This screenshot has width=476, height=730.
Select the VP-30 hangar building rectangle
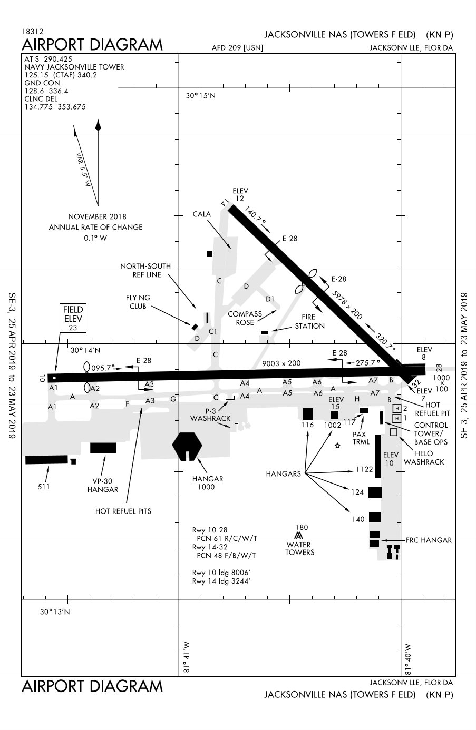click(x=103, y=448)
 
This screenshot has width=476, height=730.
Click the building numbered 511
click(x=46, y=460)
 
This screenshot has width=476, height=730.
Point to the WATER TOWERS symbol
click(x=299, y=536)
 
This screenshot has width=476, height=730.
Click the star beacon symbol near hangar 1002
click(x=337, y=446)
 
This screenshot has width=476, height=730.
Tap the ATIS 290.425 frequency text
click(x=48, y=60)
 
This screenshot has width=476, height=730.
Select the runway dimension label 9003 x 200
click(x=281, y=363)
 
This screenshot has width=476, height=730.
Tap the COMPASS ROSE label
click(x=245, y=318)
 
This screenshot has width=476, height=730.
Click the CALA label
click(x=201, y=214)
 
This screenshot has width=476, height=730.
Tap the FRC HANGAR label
click(x=429, y=540)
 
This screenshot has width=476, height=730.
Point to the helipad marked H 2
click(x=397, y=409)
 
